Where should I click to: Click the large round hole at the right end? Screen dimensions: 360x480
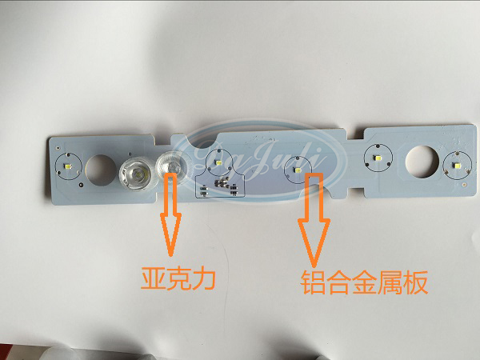pos(418,161)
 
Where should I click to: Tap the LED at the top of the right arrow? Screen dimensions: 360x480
pos(298,169)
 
